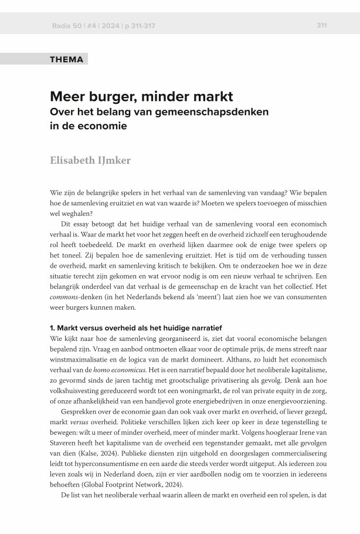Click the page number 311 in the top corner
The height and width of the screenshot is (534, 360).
coord(321,25)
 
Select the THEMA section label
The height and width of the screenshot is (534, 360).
coord(67,59)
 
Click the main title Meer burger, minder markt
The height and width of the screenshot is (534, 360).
coord(141,96)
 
